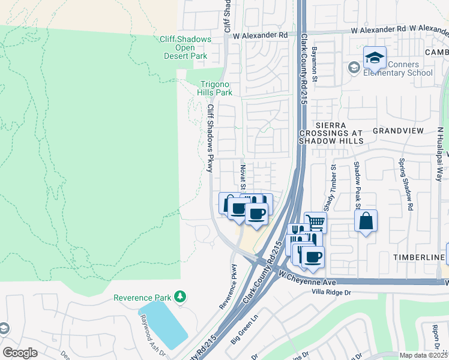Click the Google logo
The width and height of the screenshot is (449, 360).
pos(20,353)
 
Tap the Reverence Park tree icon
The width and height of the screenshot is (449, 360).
pos(179,297)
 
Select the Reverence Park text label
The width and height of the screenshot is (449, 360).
pos(142,298)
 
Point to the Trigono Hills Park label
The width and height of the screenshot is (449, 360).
pos(215,89)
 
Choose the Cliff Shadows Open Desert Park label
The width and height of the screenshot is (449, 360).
pos(185,47)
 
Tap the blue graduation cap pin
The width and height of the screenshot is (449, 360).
pos(375,59)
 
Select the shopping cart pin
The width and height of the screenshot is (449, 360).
pos(315,222)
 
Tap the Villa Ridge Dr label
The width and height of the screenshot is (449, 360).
pos(331,292)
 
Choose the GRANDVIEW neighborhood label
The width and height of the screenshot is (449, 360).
pos(398,130)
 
